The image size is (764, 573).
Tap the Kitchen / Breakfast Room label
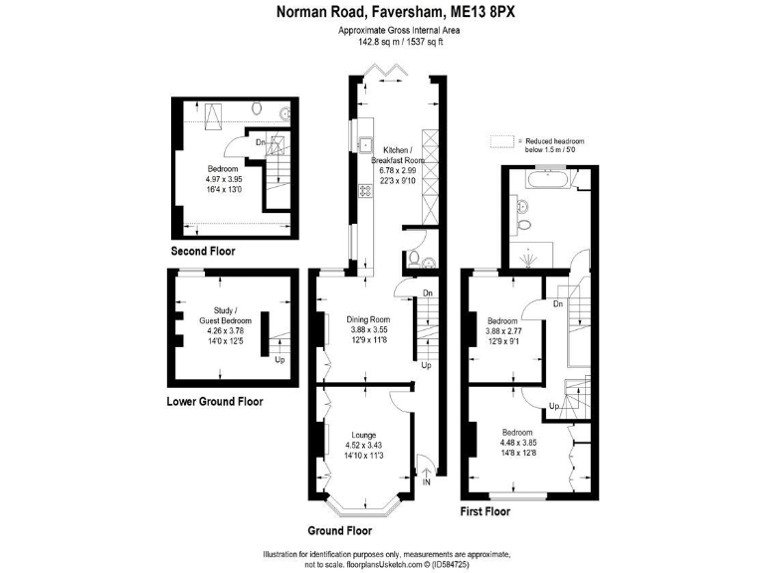(x=398, y=155)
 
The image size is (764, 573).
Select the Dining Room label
(x=367, y=319)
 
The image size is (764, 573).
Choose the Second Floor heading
(x=203, y=252)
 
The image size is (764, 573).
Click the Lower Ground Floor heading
(x=215, y=402)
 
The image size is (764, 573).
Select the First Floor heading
(x=484, y=511)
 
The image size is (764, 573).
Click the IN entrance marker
(x=427, y=482)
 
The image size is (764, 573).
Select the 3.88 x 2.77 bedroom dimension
(x=502, y=331)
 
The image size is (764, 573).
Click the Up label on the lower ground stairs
(x=279, y=359)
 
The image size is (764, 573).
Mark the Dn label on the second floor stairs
(x=261, y=141)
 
